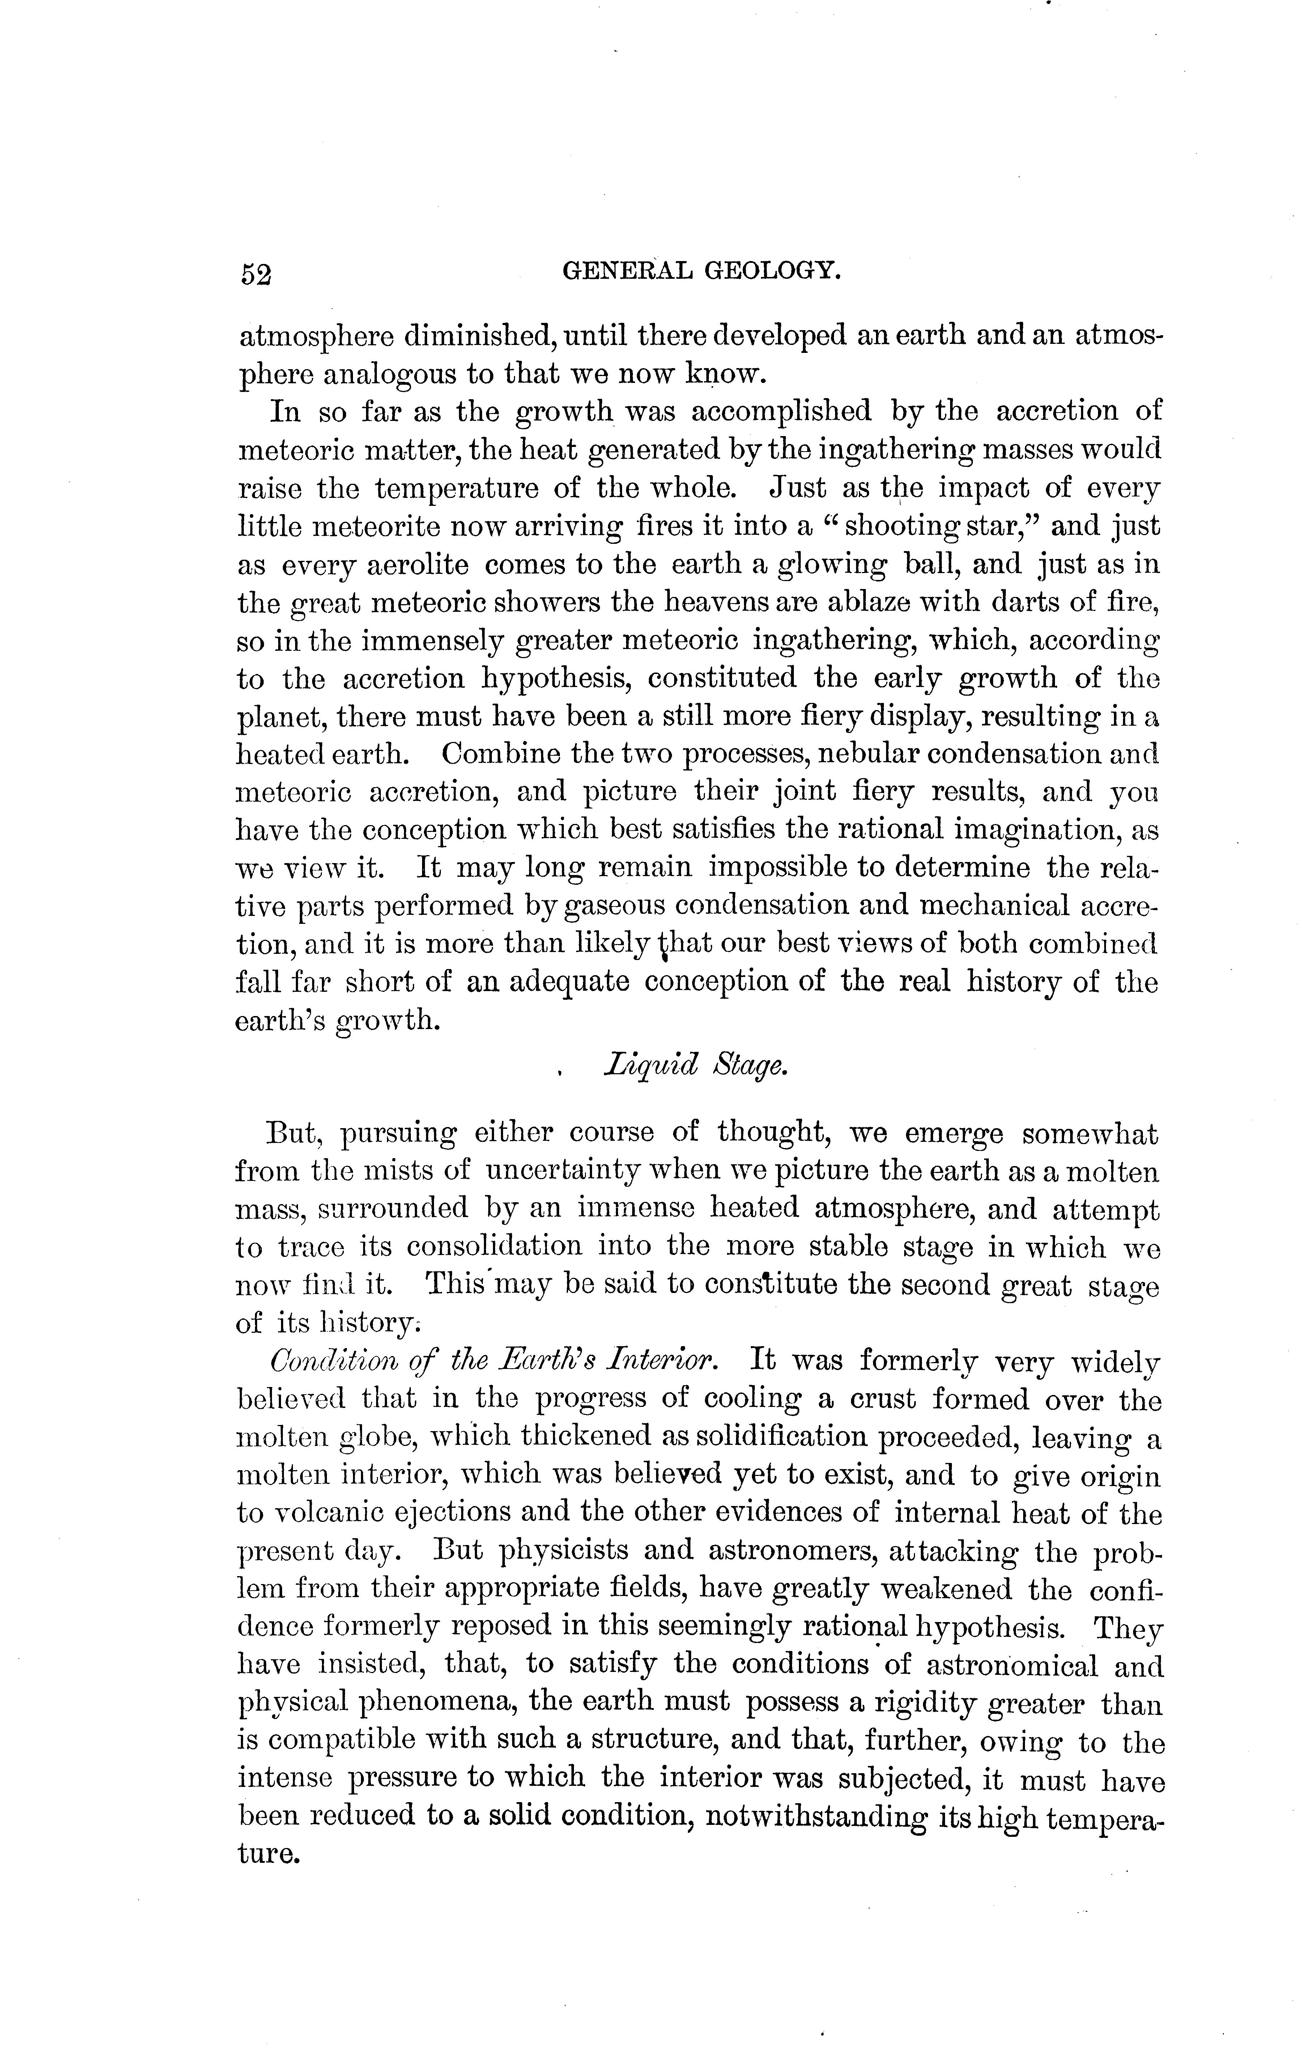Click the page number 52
point(255,274)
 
